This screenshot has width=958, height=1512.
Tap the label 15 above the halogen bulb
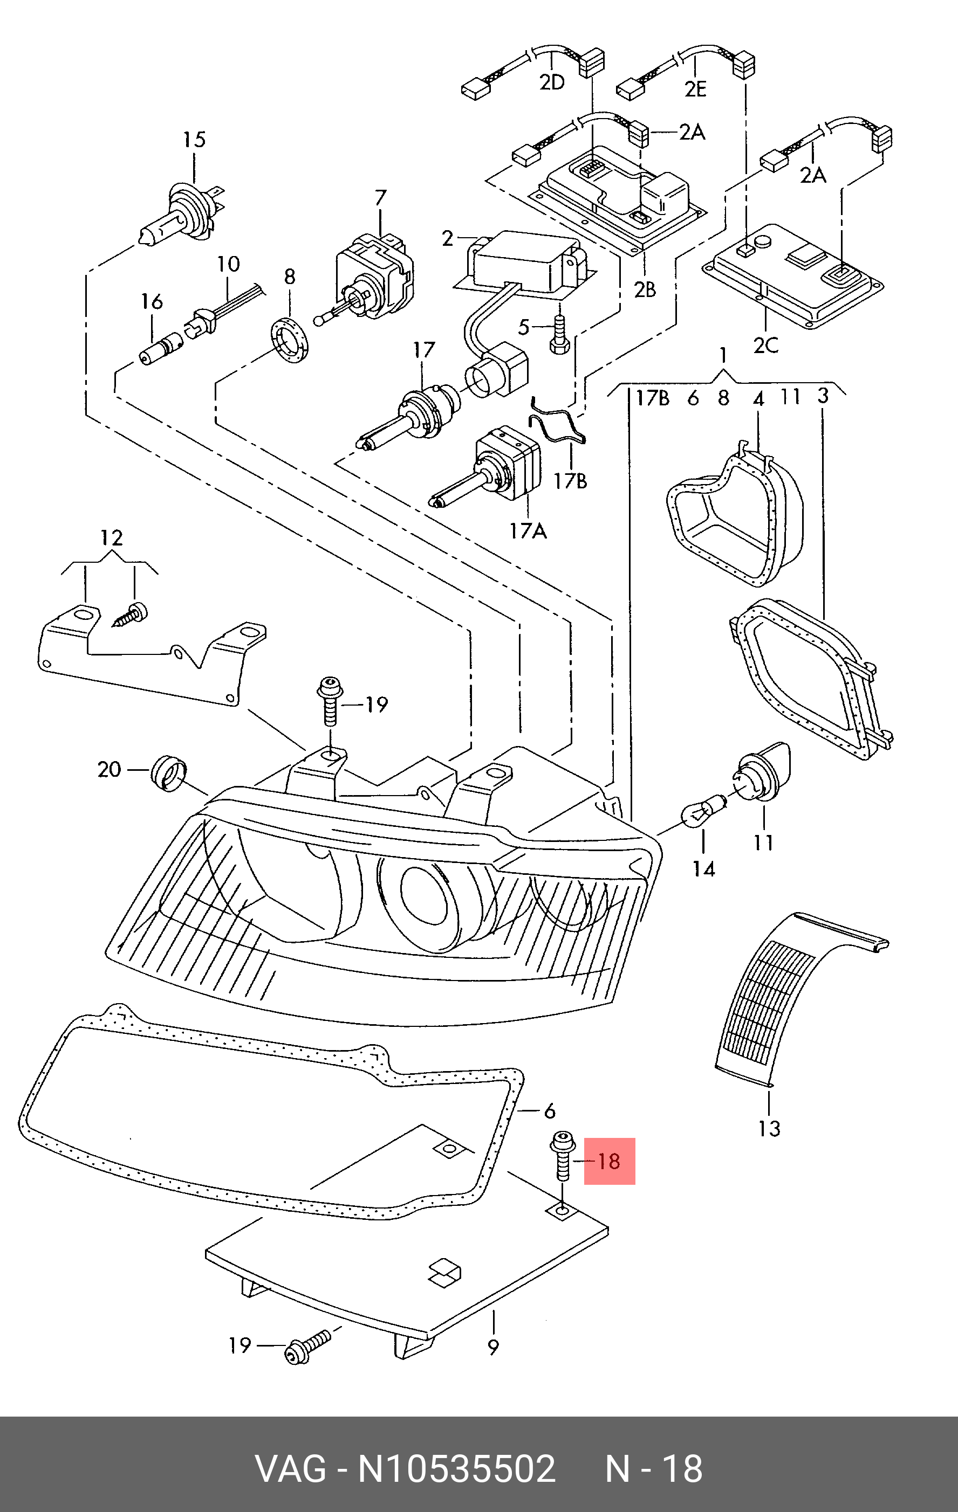(x=194, y=140)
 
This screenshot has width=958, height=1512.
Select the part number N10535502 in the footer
(x=457, y=1469)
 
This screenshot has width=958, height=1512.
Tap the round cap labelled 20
(x=168, y=773)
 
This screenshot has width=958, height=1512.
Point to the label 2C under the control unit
(x=766, y=345)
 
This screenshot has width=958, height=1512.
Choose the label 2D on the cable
(x=552, y=82)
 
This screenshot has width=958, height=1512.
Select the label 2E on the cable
(x=695, y=88)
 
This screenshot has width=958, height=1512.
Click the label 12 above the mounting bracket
(x=111, y=537)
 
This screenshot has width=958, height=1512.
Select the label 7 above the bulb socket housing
(x=381, y=198)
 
